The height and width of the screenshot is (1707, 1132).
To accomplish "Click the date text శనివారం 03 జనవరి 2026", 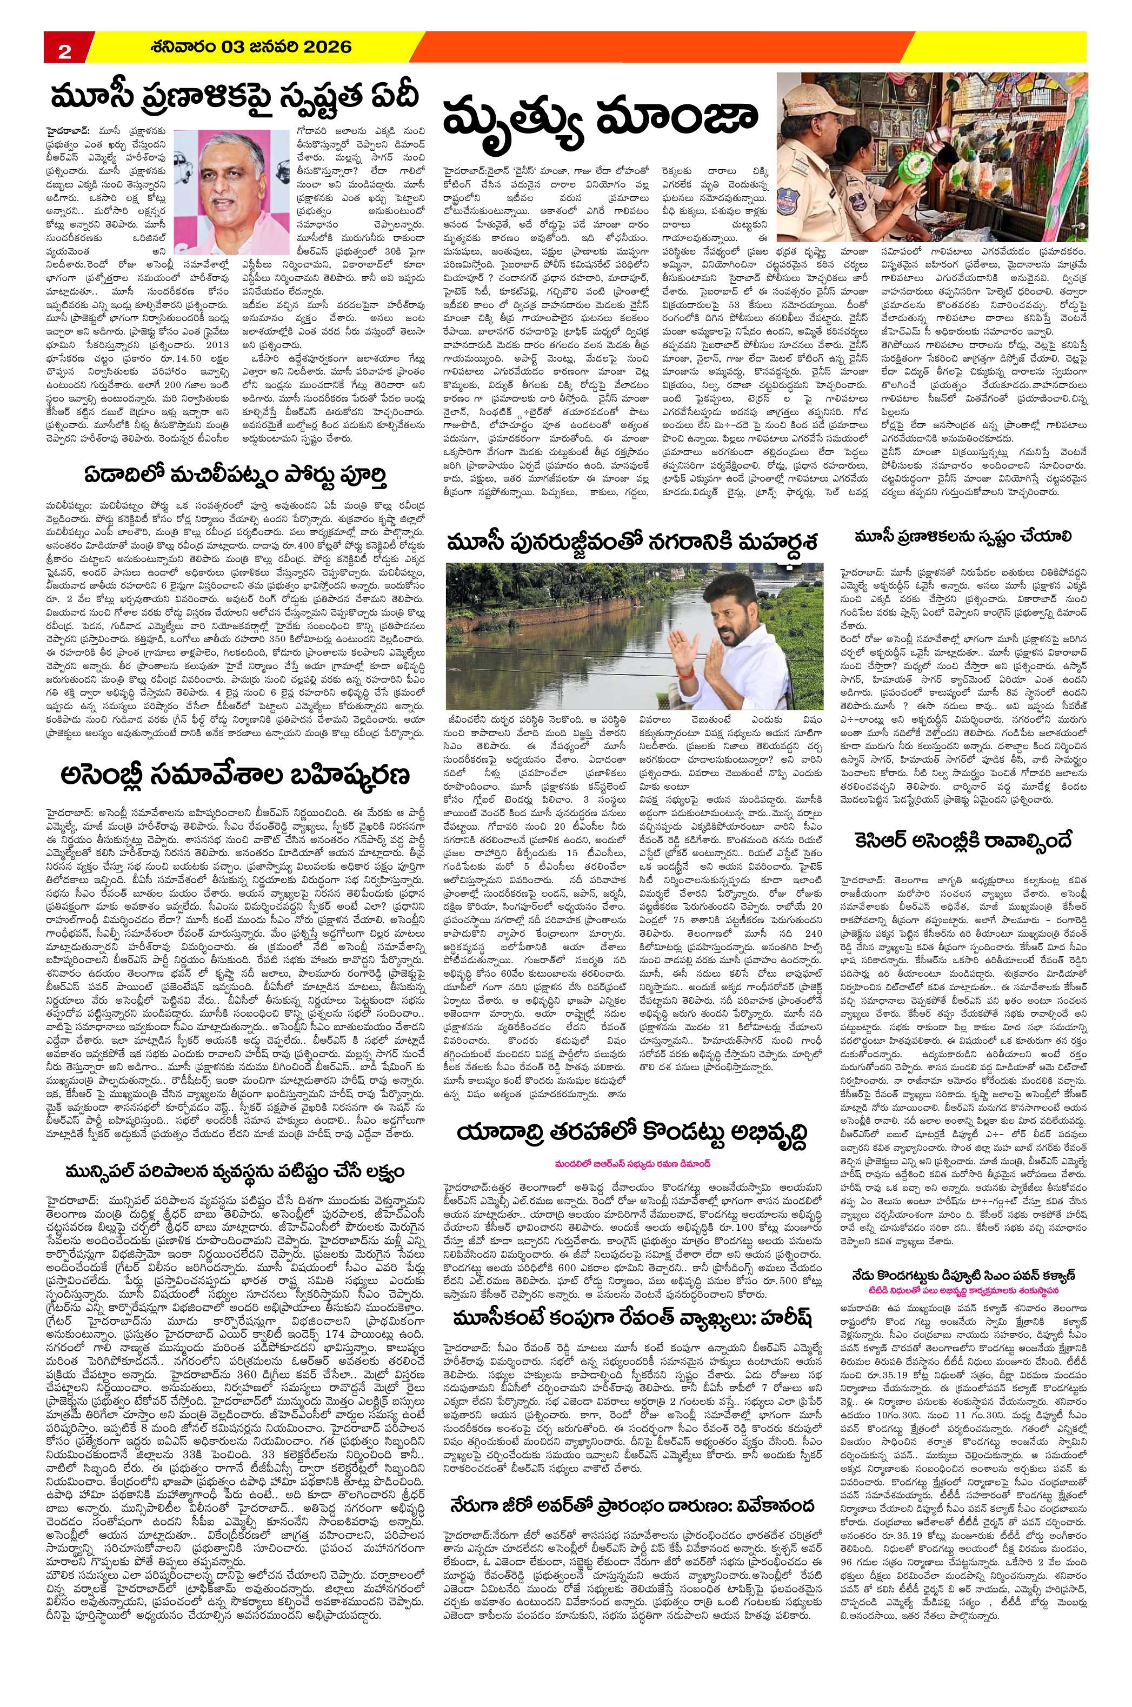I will click(252, 48).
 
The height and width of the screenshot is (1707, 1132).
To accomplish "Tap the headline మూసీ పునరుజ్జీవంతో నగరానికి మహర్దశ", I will click(633, 541).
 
